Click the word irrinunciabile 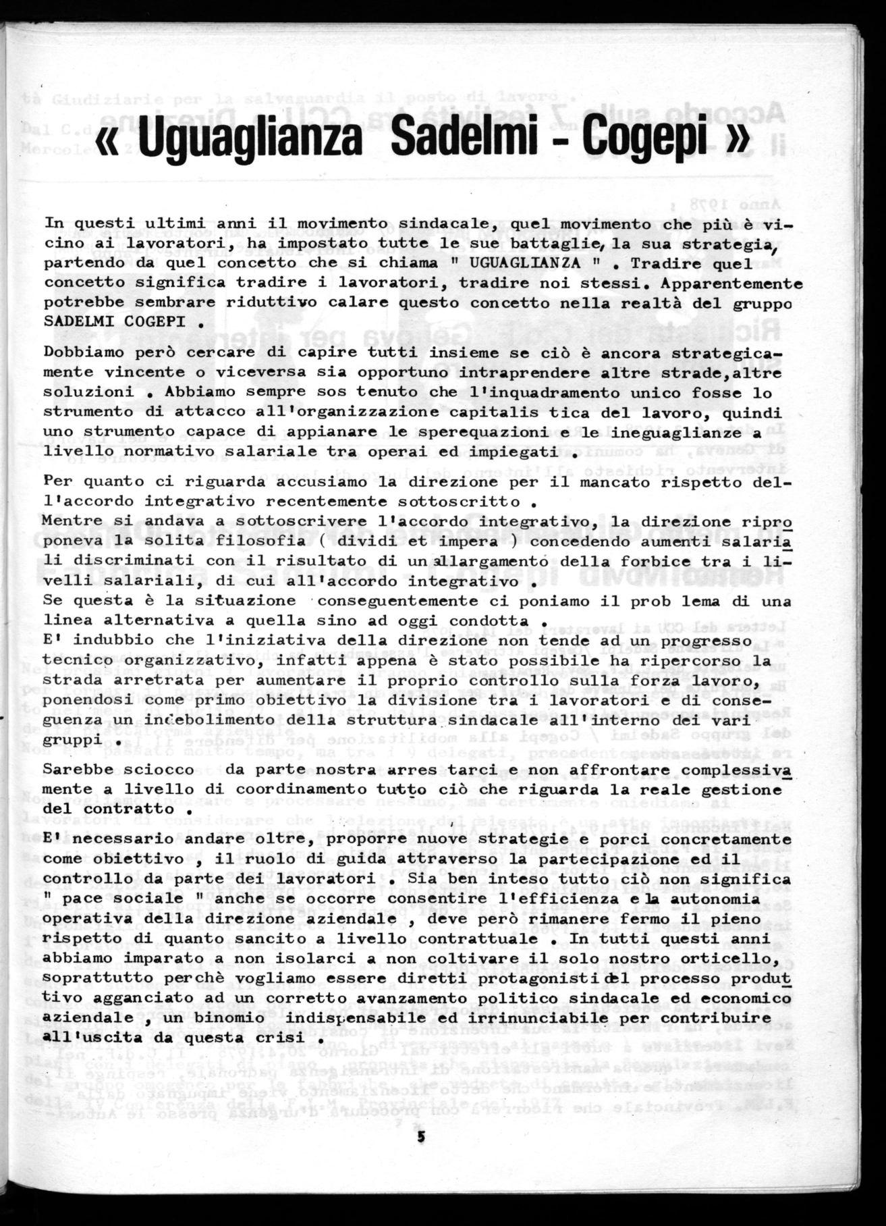pyautogui.click(x=556, y=1017)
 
